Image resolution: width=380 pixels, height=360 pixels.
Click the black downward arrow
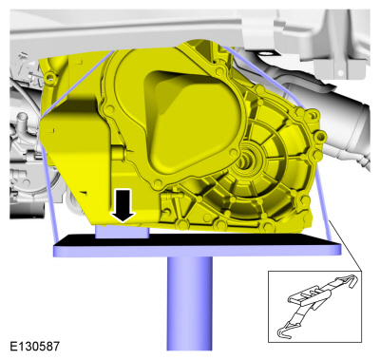click(x=123, y=205)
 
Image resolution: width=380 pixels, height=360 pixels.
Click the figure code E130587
click(x=34, y=346)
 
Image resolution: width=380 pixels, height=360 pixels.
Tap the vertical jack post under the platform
click(x=190, y=303)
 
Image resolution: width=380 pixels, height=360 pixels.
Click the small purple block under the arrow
click(x=122, y=232)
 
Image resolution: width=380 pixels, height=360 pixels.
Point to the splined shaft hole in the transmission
click(x=248, y=156)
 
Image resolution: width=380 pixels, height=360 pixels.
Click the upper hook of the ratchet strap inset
click(x=349, y=281)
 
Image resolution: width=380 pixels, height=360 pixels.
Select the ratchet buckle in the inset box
click(x=307, y=296)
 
